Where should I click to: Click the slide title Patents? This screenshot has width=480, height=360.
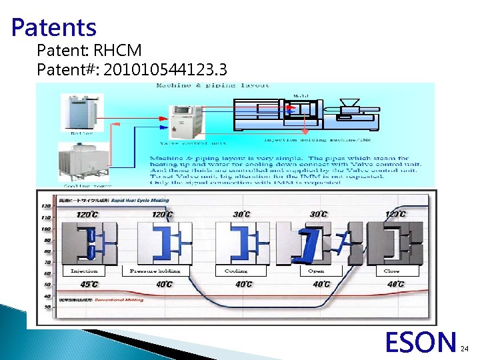(x=54, y=27)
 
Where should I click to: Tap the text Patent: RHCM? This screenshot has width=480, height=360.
(x=89, y=50)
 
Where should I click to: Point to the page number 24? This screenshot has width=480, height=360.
(x=465, y=348)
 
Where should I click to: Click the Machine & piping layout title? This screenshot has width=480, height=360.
(x=213, y=85)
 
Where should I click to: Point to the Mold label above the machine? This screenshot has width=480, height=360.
(x=301, y=95)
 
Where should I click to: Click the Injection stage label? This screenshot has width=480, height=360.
(x=84, y=271)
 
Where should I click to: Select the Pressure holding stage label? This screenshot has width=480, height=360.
(x=155, y=271)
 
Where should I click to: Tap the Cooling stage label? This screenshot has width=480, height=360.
(x=236, y=271)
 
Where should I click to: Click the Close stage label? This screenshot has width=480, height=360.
(x=392, y=271)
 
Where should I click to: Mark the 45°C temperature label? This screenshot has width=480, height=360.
(x=89, y=284)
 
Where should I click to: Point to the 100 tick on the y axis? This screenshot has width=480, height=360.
(x=46, y=229)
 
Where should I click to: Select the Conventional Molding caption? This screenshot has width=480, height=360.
(x=119, y=300)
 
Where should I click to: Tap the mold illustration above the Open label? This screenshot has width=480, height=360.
(x=319, y=241)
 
